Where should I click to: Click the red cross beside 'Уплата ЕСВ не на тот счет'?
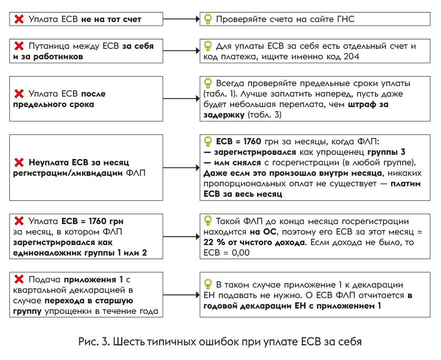[x=19, y=19]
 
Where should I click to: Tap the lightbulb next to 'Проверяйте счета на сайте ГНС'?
[x=207, y=19]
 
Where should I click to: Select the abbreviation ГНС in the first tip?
[x=345, y=19]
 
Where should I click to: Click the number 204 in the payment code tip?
[x=351, y=57]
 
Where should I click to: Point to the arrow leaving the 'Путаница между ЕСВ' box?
[x=182, y=51]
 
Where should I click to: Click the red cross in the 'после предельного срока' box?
[x=19, y=93]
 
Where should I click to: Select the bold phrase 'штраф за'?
[x=368, y=104]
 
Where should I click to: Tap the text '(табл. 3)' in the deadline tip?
[x=265, y=114]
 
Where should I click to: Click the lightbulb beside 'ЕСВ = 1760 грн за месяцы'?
[x=207, y=141]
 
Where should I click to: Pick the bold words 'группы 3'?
[x=386, y=152]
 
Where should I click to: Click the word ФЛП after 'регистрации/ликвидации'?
[x=135, y=173]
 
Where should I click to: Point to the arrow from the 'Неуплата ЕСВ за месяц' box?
[x=182, y=168]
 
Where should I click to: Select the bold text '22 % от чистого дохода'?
[x=254, y=242]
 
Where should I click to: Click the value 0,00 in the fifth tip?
[x=240, y=252]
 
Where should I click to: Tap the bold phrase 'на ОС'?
[x=264, y=232]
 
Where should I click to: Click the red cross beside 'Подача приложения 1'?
[x=19, y=279]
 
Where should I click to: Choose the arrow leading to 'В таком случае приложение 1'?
[x=182, y=295]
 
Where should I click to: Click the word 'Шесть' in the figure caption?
[x=129, y=342]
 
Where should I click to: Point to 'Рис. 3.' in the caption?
[x=94, y=342]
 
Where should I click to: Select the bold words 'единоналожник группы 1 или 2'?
[x=80, y=252]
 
